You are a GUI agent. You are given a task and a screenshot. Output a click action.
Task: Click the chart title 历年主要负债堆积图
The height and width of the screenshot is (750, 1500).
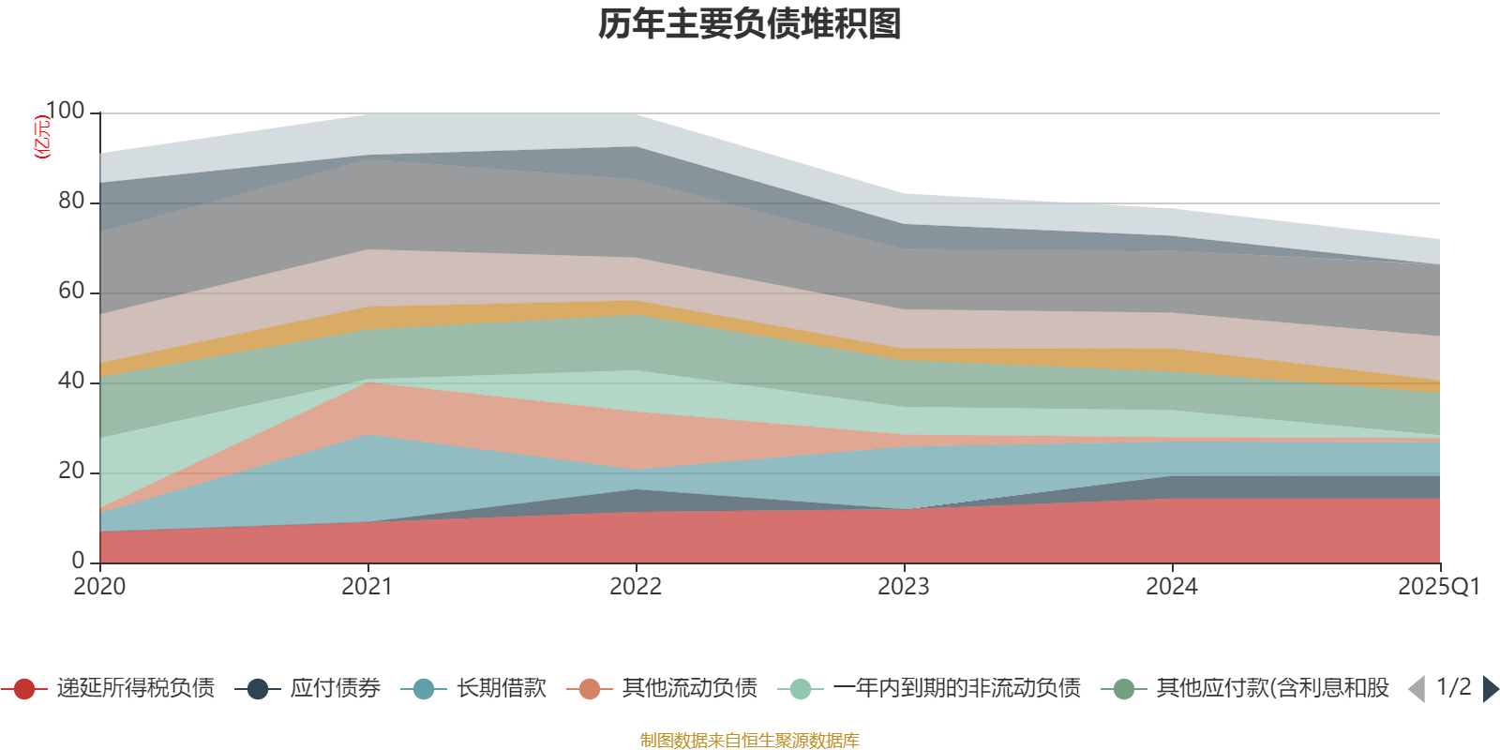750,25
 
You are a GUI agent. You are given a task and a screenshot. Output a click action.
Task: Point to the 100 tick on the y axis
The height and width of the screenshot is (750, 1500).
65,112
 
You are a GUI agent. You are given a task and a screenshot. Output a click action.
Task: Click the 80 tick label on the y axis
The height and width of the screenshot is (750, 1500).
71,202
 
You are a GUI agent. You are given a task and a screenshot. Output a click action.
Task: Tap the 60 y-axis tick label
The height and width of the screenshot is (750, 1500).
71,292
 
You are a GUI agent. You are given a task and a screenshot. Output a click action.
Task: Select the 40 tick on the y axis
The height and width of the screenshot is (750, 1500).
71,382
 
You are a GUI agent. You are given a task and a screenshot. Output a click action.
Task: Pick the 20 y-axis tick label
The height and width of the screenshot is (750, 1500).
71,472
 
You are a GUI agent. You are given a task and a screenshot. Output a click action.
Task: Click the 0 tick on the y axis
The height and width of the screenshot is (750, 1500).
79,561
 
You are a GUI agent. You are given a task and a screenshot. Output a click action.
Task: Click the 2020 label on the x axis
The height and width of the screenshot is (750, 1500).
99,587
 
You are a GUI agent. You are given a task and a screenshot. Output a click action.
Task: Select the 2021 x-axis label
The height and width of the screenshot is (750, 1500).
367,587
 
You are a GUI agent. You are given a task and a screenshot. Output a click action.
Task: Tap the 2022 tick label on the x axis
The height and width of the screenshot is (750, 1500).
636,587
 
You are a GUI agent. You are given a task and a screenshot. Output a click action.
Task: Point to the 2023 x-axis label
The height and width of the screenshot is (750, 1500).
904,587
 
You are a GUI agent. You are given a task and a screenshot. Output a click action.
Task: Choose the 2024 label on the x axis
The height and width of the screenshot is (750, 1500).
1172,587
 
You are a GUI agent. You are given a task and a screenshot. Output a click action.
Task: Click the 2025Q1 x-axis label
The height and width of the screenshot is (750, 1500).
1438,587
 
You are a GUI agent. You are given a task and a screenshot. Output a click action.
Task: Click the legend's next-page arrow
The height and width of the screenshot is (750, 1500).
1490,689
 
